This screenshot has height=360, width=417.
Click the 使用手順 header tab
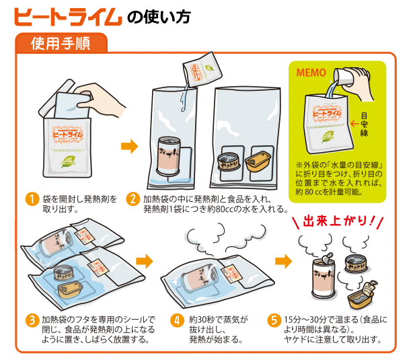(x=61, y=44)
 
